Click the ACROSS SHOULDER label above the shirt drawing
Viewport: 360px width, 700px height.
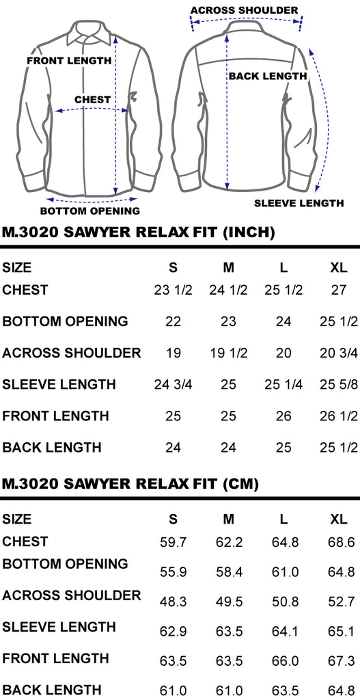click(244, 10)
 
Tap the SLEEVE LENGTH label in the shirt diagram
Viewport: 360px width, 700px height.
click(299, 203)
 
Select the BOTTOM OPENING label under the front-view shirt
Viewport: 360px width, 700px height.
click(90, 211)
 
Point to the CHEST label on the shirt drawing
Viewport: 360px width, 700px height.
click(92, 99)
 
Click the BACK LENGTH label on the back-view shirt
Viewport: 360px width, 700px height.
click(268, 77)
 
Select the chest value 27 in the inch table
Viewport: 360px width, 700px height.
click(339, 290)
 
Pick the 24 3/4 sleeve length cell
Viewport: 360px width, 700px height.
click(173, 384)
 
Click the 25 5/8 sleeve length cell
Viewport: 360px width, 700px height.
click(339, 384)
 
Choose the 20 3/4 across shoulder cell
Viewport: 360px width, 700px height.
click(339, 353)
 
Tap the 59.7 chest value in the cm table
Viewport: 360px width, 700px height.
click(173, 542)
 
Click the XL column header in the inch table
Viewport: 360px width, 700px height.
click(339, 267)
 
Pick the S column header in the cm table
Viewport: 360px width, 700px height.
click(173, 520)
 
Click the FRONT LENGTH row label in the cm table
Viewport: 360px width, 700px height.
click(56, 658)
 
